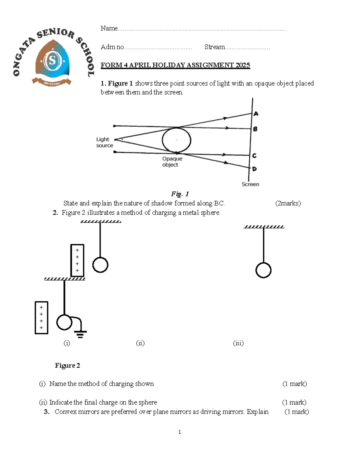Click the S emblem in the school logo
[x=52, y=61]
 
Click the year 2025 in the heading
[x=243, y=65]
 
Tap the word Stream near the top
[x=214, y=47]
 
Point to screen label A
[x=256, y=114]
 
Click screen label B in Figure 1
[x=255, y=129]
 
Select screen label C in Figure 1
[x=254, y=156]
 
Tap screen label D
[x=254, y=169]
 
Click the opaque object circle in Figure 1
[x=176, y=140]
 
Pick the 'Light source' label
[x=104, y=143]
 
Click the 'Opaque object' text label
[x=172, y=162]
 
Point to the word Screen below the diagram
[x=250, y=184]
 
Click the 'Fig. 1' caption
[x=180, y=194]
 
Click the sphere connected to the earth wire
[x=64, y=322]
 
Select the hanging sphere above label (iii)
[x=263, y=270]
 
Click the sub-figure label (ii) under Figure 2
[x=140, y=343]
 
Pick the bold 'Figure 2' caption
[x=67, y=365]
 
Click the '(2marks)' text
[x=288, y=203]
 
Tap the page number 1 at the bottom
[x=179, y=432]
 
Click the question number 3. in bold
[x=46, y=412]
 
